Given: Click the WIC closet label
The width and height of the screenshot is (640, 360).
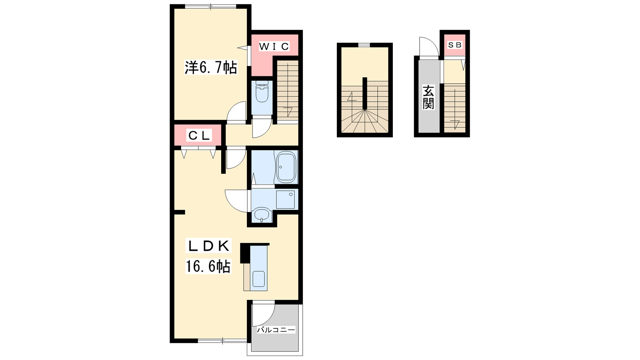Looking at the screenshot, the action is pyautogui.click(x=274, y=46).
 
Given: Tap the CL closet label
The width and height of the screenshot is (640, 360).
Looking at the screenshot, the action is pyautogui.click(x=199, y=136).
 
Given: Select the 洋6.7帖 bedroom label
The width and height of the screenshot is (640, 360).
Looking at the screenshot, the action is pyautogui.click(x=211, y=68).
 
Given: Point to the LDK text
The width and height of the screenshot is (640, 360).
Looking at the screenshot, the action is pyautogui.click(x=208, y=246).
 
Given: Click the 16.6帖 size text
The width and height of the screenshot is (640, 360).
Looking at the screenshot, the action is pyautogui.click(x=208, y=266).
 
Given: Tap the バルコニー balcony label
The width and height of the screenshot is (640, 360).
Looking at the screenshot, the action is pyautogui.click(x=276, y=330).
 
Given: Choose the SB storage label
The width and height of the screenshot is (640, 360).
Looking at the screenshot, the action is pyautogui.click(x=454, y=45).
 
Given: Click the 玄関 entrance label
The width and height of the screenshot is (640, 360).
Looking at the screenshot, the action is pyautogui.click(x=428, y=98).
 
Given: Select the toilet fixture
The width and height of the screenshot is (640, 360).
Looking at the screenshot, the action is pyautogui.click(x=262, y=91).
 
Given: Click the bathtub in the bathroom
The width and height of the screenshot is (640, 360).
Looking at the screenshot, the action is pyautogui.click(x=286, y=167).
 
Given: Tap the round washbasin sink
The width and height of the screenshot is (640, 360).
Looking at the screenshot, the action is pyautogui.click(x=262, y=214).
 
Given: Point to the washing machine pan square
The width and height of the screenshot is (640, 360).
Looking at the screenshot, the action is pyautogui.click(x=285, y=200).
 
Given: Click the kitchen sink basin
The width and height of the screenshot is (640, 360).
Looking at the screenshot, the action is pyautogui.click(x=258, y=279).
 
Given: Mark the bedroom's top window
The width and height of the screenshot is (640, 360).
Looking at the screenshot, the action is pyautogui.click(x=210, y=6).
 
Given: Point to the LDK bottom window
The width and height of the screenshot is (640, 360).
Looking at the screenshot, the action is pyautogui.click(x=222, y=340).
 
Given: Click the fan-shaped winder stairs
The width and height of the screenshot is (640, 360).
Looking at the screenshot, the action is pyautogui.click(x=364, y=122).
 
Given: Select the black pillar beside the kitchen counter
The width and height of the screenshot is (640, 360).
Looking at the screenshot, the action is pyautogui.click(x=245, y=253).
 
